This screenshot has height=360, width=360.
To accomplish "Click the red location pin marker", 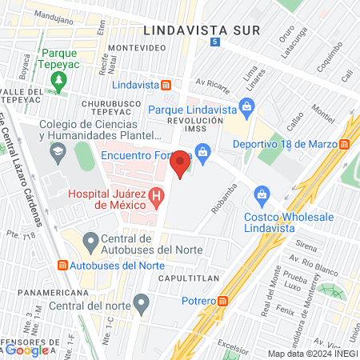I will [181, 164].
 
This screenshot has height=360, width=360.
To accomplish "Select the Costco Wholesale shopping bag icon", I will [261, 194].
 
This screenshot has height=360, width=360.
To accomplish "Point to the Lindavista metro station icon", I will [166, 85].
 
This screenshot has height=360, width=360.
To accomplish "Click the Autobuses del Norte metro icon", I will [62, 265].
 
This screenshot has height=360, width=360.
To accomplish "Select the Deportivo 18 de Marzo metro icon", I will [345, 144].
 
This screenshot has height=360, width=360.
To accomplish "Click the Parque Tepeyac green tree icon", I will [58, 80].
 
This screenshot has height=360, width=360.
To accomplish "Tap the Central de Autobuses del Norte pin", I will [90, 240].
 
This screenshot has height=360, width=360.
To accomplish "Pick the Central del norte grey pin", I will [142, 302].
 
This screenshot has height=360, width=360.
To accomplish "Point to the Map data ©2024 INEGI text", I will [312, 354].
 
